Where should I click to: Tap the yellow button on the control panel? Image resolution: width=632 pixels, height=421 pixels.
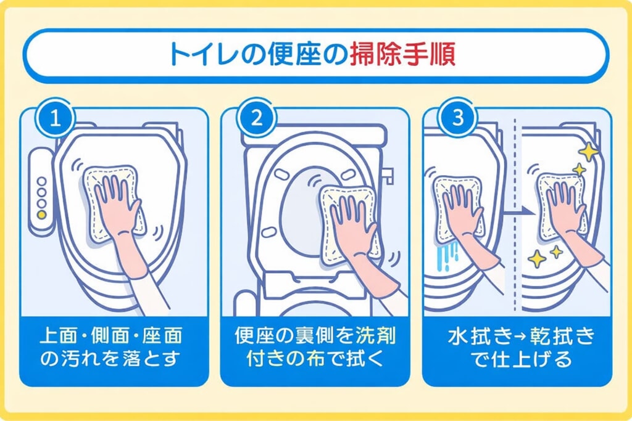point(41,215)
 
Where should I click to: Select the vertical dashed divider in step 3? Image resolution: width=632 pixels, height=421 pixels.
point(515,247)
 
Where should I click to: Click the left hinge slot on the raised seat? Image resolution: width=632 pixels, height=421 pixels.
point(268,231)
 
